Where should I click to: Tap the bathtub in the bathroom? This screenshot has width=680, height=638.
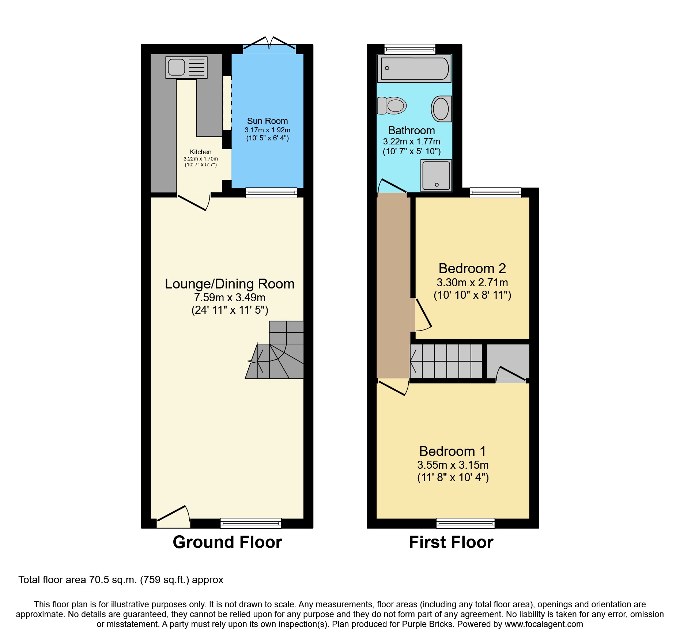point(414,68)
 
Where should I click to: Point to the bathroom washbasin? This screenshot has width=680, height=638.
point(441,109)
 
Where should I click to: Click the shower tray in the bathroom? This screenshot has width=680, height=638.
point(436,175)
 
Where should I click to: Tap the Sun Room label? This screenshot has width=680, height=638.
point(267,121)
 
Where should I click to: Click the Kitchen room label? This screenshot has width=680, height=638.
point(200,152)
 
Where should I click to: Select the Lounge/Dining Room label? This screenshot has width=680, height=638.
point(230,284)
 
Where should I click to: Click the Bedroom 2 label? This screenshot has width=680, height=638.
point(472,269)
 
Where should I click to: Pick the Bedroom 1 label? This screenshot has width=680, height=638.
point(453,452)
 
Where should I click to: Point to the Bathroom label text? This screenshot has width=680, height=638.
point(411,131)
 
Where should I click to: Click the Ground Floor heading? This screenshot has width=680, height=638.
point(227,542)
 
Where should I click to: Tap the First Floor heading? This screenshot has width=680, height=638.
point(451,542)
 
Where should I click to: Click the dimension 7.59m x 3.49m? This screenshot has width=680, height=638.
point(230,298)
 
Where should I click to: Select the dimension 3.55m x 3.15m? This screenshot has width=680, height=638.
point(453,465)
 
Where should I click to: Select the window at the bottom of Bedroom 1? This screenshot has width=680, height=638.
point(465,523)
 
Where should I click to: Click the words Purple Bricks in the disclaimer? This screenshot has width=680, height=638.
point(427,624)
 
